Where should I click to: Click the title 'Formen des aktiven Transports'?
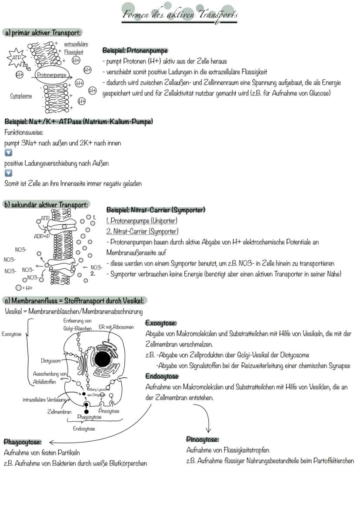tap(180, 15)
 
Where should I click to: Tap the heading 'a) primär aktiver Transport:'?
tap(42, 33)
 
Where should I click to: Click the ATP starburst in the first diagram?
tap(16, 57)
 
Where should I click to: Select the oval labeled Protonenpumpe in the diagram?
tap(52, 74)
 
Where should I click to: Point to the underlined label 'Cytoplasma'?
tap(21, 96)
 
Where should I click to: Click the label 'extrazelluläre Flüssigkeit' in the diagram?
tap(76, 48)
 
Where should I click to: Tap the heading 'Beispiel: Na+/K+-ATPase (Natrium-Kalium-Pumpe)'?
tap(79, 122)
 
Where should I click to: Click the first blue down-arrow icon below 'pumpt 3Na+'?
tap(8, 153)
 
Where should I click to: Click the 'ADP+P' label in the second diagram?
tap(42, 236)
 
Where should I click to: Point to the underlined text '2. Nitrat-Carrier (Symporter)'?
tap(142, 231)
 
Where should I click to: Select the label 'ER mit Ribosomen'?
tap(116, 327)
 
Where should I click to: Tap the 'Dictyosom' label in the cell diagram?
tap(50, 360)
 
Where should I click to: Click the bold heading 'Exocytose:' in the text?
tap(161, 323)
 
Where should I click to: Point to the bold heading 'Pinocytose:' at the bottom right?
tap(203, 439)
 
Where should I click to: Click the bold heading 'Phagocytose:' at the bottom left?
tap(23, 442)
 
